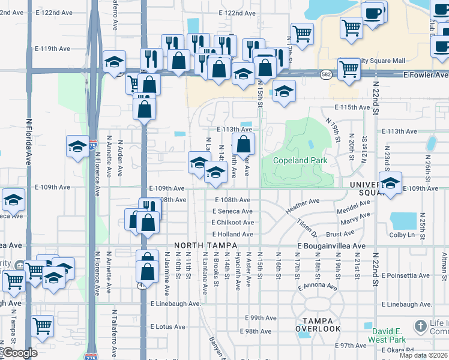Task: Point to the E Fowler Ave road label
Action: [425, 75]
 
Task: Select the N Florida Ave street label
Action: [28, 141]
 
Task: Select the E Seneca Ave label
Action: [232, 211]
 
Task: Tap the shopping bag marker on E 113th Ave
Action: [243, 143]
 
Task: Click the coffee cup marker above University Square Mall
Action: [373, 13]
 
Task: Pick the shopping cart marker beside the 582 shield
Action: [349, 68]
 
